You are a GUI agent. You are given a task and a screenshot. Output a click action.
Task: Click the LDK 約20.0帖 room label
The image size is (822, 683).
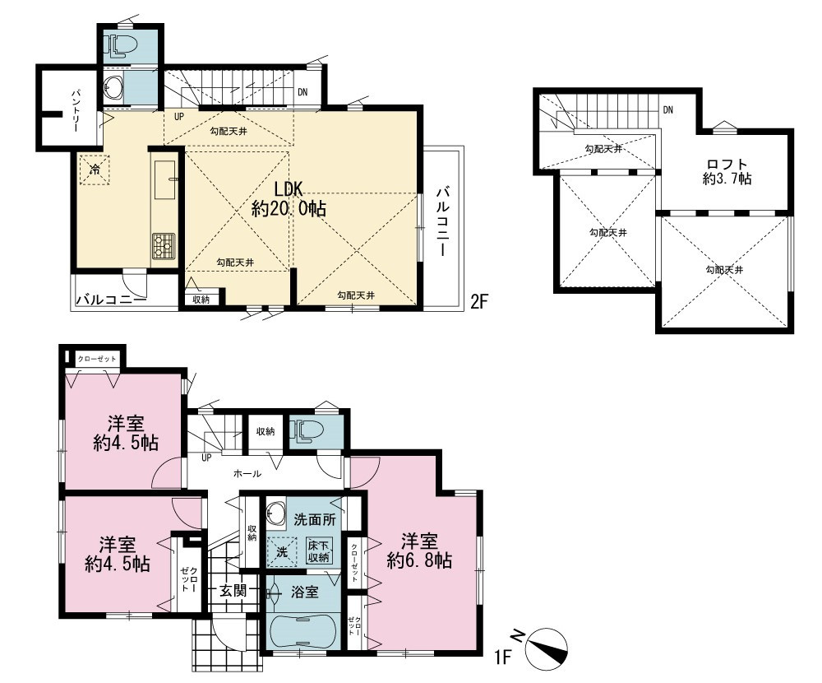(289, 199)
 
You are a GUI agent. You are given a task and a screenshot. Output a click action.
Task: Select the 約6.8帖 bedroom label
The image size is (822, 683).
(419, 551)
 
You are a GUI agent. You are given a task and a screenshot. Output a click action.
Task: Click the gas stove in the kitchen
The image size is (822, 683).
(164, 244)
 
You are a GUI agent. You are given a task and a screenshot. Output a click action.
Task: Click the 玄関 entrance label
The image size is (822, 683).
(233, 591)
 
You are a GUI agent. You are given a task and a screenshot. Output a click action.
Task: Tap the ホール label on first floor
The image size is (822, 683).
(247, 473)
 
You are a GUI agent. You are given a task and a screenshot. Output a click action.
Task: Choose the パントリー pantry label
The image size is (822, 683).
(76, 110)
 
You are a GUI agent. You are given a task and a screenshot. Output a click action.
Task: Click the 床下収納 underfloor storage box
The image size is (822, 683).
(318, 551)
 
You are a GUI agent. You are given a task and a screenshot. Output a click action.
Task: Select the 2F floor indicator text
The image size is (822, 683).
(479, 302)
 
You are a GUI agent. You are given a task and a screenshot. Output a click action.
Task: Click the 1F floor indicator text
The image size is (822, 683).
(503, 657)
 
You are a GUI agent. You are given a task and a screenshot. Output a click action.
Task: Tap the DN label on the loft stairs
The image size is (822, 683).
(667, 110)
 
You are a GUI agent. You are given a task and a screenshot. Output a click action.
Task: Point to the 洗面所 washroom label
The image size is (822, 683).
(315, 520)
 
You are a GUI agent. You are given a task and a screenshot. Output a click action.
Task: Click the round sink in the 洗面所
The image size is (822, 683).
(275, 511)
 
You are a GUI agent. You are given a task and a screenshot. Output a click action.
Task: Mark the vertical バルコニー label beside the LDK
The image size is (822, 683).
(443, 221)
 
